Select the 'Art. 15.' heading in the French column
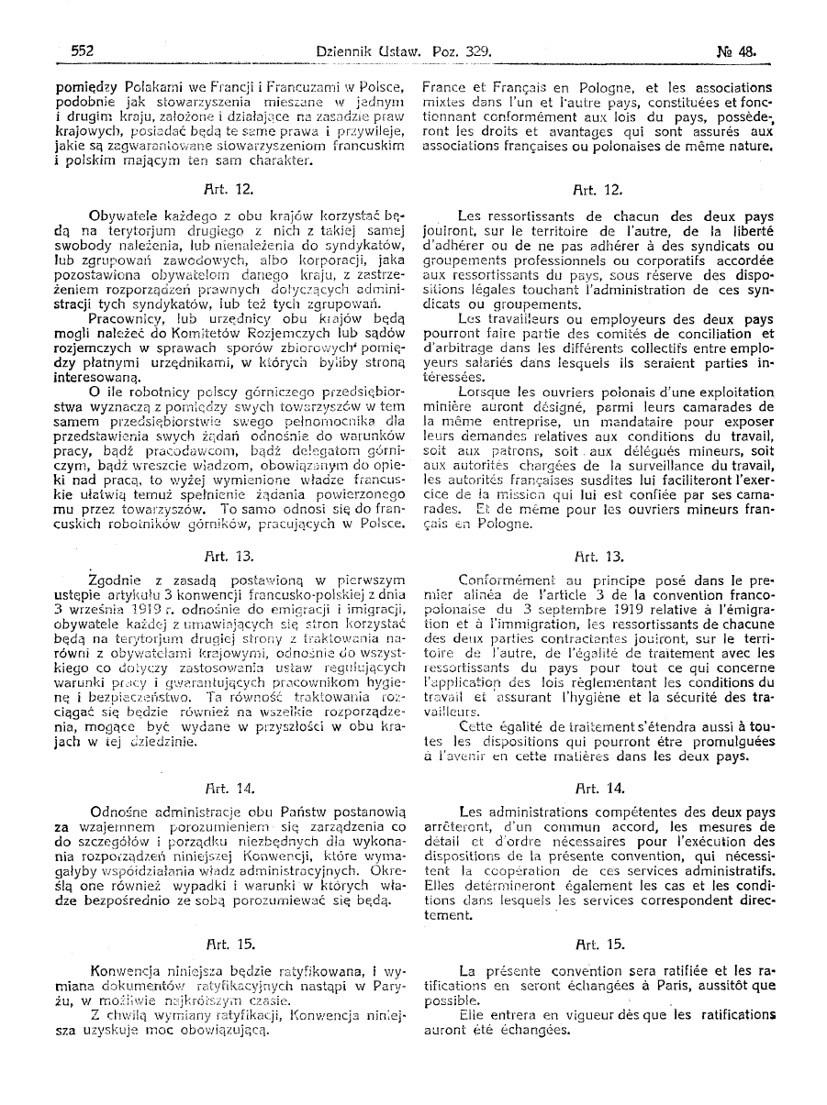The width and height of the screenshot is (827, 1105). click(x=598, y=942)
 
